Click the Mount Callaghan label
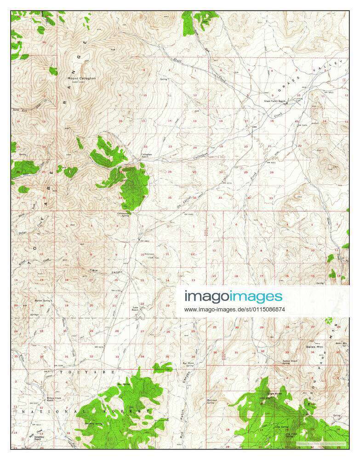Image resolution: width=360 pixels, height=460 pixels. tap(82, 79)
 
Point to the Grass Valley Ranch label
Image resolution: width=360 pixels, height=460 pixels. tap(275, 101)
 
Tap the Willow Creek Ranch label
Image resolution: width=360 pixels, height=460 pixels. tap(53, 399)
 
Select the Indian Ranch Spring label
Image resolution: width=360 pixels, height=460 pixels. tap(290, 362)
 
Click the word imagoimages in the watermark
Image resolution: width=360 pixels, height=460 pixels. tap(234, 297)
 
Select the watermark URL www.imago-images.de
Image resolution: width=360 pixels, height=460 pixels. tap(234, 310)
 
